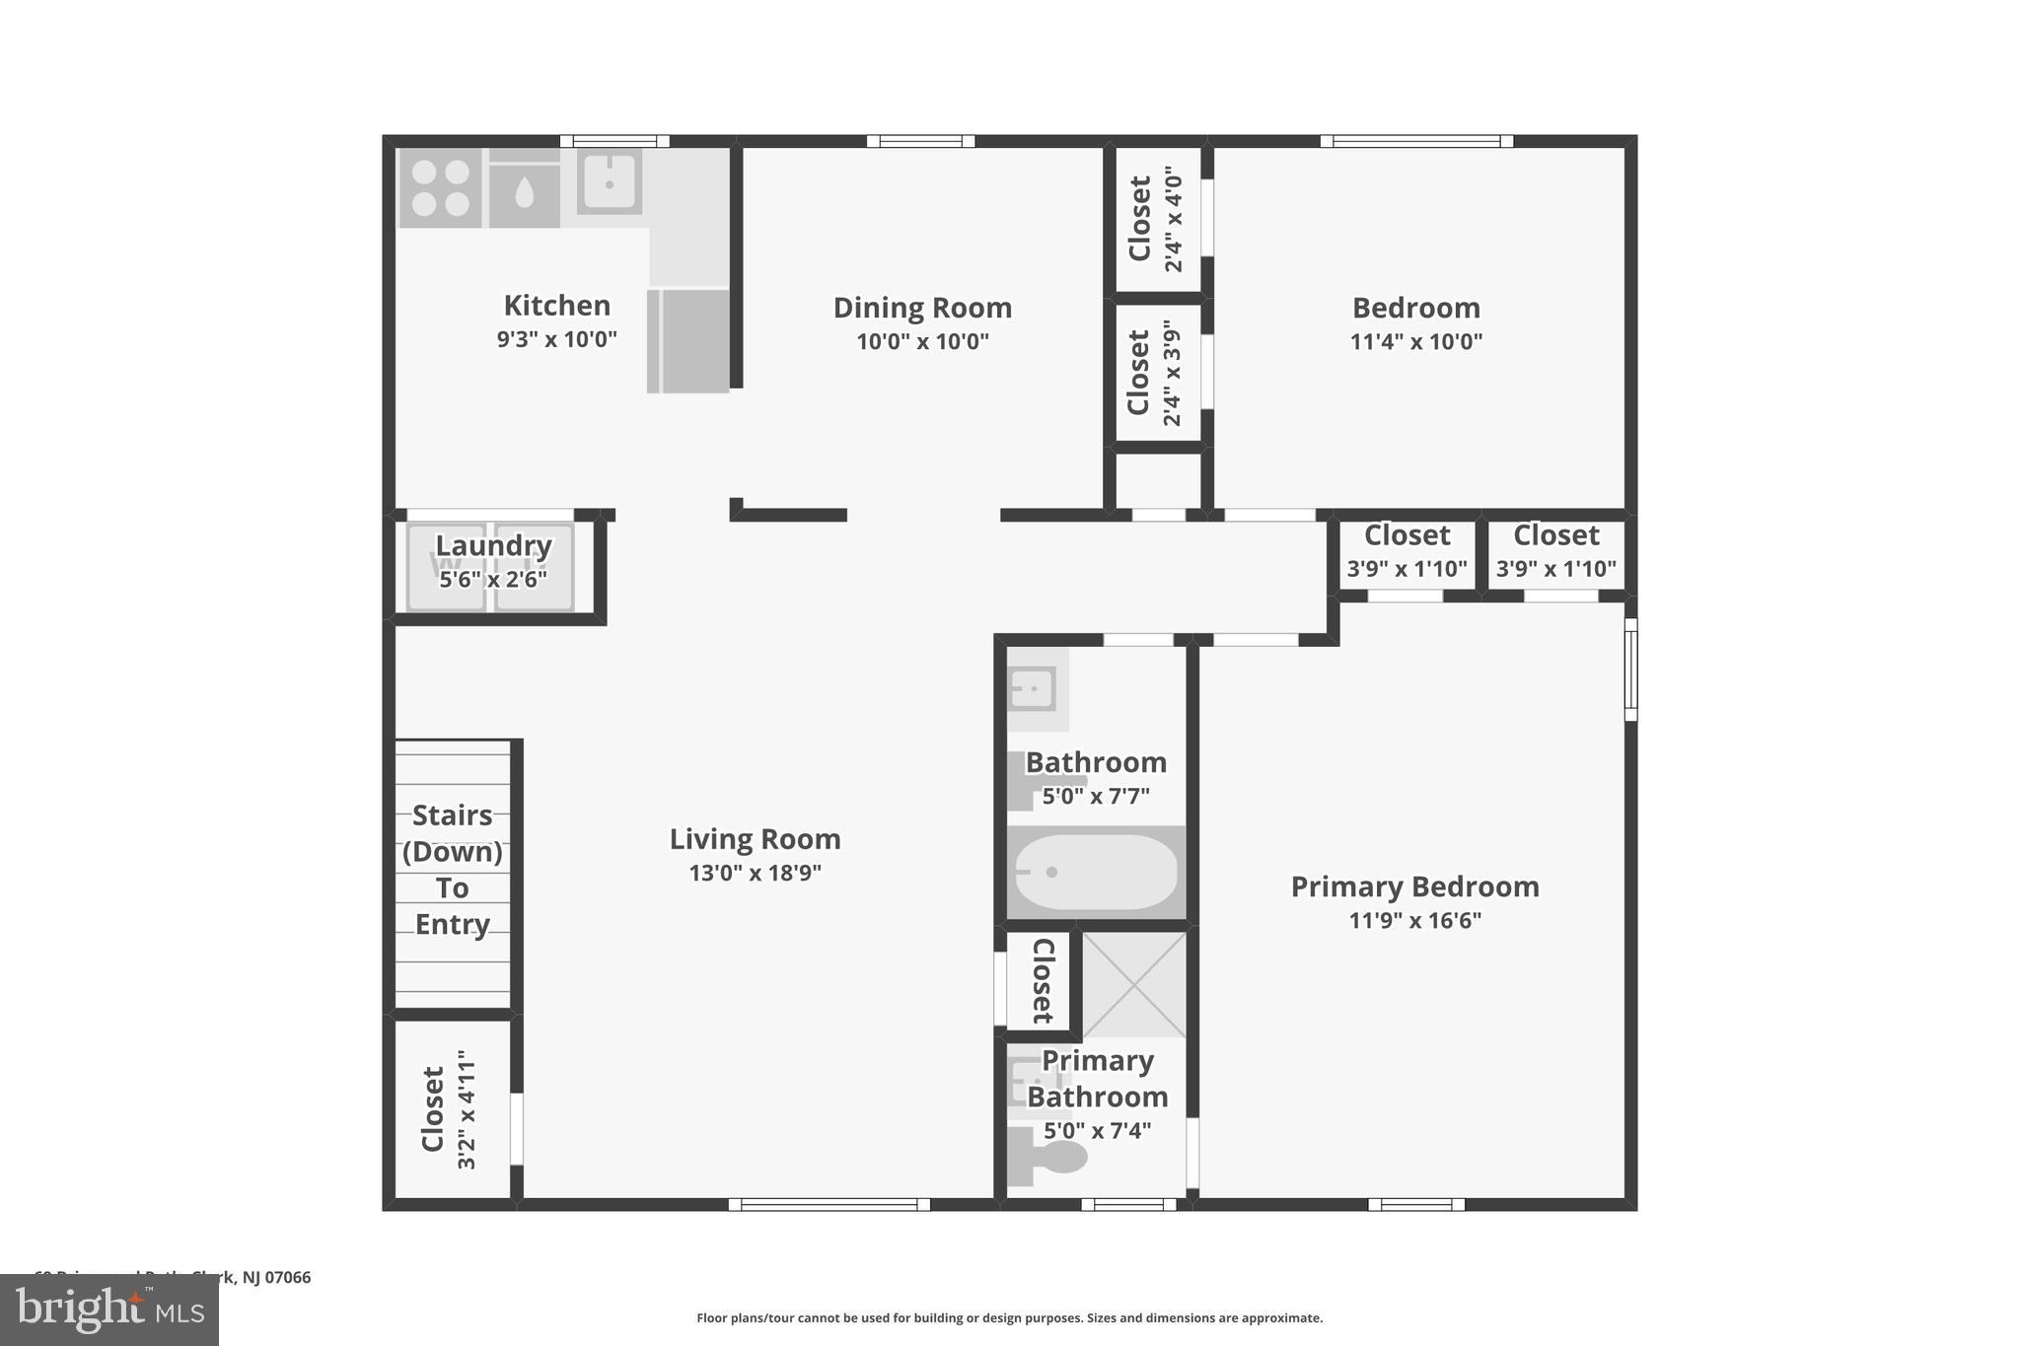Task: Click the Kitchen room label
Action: pos(556,306)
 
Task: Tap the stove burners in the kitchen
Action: pos(440,187)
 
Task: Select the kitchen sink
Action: pos(610,181)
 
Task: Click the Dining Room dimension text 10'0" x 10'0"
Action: pos(922,342)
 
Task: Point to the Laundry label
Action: pos(493,545)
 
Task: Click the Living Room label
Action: pos(755,839)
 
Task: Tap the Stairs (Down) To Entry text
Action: pos(453,869)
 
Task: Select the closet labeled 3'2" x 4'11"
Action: pos(449,1109)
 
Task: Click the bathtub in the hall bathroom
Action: pos(1095,873)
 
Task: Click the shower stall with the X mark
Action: pos(1134,984)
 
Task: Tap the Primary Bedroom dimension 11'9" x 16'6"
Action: pos(1414,921)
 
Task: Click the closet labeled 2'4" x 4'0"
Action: pos(1155,219)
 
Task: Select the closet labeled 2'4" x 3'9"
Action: pos(1155,373)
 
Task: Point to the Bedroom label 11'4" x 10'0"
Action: pos(1415,323)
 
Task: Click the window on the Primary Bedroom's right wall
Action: pos(1630,670)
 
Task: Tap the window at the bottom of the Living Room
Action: pos(829,1204)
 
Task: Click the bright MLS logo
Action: pos(109,1309)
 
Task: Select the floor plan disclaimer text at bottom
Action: pos(1009,1317)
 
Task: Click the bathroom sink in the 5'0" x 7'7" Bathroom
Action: pos(1033,688)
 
